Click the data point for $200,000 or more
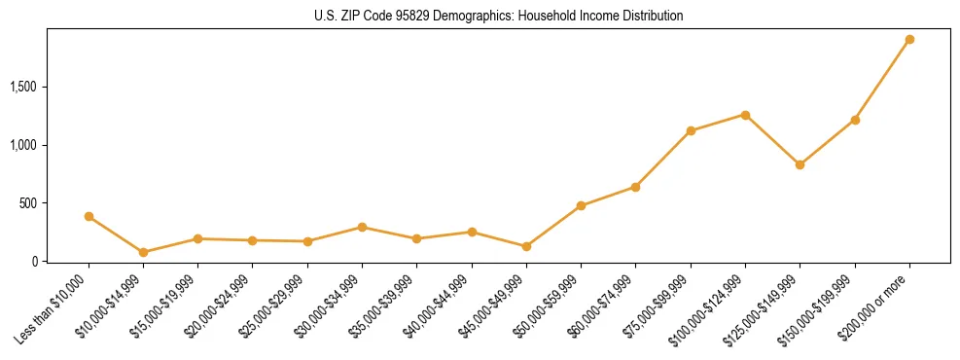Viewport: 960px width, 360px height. coord(909,40)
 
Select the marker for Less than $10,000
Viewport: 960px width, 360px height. coord(89,216)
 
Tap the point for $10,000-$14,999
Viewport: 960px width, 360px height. coord(143,252)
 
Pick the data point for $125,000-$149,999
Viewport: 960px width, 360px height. coord(800,164)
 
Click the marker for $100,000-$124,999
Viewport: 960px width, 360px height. coord(745,115)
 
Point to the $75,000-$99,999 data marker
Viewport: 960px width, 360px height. coord(691,130)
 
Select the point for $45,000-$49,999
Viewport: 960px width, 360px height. coord(526,246)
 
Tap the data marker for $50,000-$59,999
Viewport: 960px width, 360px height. coord(581,205)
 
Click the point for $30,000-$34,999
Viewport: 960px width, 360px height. coord(362,227)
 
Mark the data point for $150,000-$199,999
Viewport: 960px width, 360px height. coord(855,120)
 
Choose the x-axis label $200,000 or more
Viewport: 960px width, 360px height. coord(881,303)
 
